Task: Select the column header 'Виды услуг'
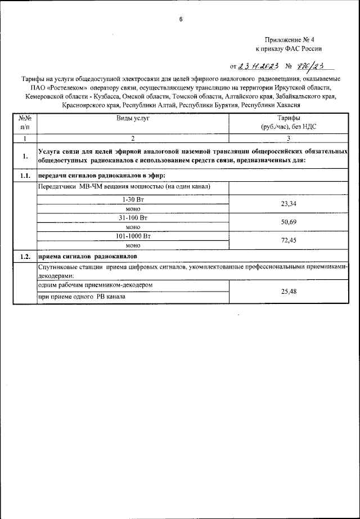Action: [133, 119]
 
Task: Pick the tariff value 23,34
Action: [288, 204]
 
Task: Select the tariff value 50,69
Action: [288, 222]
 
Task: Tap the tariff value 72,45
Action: [288, 240]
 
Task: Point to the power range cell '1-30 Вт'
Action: [133, 199]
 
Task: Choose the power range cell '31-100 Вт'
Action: [133, 217]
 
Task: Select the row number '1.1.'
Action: [25, 176]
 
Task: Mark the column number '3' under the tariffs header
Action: [288, 138]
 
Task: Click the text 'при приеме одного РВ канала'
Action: [82, 297]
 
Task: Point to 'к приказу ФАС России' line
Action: [289, 49]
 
